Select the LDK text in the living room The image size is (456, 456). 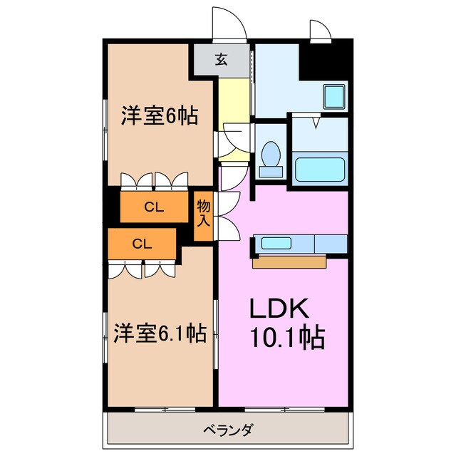coord(278,309)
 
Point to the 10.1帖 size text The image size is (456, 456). coord(286,336)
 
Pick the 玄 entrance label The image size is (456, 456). coord(221,60)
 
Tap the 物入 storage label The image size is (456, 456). coord(204,213)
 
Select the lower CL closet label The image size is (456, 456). coord(142,244)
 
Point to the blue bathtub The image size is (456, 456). coord(320,170)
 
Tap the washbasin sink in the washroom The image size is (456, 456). coord(333,96)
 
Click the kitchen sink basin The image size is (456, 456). coord(276,243)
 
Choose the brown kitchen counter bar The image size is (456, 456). coord(289,262)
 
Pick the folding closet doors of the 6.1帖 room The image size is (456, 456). coord(142,269)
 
